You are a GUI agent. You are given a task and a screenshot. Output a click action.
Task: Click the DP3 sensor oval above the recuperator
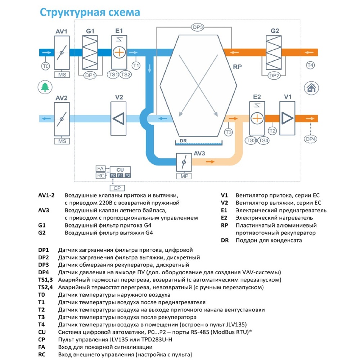[197, 27]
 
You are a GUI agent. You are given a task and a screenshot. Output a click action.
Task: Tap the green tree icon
[45, 87]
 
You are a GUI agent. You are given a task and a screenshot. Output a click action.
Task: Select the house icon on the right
[311, 88]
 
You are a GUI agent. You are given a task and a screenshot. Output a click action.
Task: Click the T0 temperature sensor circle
[45, 66]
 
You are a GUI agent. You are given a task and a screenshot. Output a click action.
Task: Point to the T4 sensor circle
[310, 65]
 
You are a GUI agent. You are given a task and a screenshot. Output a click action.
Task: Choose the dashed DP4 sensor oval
[310, 139]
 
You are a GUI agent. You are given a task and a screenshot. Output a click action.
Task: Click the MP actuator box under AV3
[184, 176]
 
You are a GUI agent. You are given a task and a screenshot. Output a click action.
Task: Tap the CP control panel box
[117, 188]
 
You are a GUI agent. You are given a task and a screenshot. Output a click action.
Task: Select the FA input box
[100, 168]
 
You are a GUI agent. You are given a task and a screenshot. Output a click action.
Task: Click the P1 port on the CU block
[120, 176]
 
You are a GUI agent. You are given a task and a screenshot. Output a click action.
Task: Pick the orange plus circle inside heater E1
[119, 52]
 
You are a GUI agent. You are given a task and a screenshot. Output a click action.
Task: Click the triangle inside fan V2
[119, 119]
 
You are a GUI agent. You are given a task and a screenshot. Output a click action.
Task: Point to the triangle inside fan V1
[287, 118]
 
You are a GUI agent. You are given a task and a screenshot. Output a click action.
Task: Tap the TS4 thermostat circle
[264, 140]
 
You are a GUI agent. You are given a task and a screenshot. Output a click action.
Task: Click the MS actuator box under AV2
[62, 141]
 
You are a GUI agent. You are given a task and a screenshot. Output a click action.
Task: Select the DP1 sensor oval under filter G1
[90, 75]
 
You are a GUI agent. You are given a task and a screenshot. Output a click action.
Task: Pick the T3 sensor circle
[228, 132]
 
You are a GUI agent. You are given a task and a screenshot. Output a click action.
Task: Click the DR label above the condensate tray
[183, 140]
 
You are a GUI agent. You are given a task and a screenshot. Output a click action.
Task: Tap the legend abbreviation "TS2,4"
[45, 287]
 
